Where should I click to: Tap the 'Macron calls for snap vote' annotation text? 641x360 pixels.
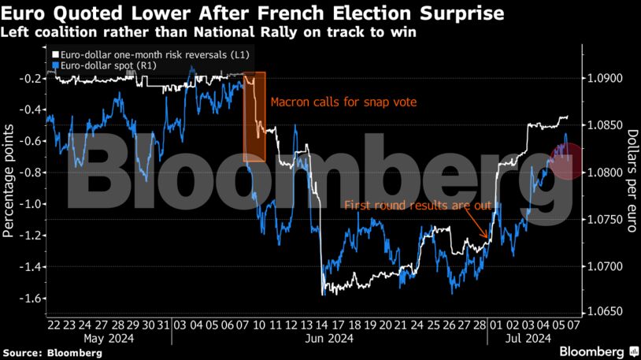343,102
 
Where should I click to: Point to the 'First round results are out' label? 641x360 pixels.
417,206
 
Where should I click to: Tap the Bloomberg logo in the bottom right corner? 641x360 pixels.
595,350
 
